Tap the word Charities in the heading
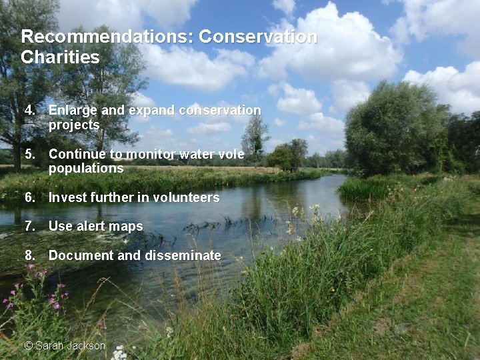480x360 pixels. [x=60, y=57]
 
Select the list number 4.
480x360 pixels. [x=31, y=110]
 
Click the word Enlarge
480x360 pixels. [x=73, y=110]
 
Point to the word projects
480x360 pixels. [x=74, y=125]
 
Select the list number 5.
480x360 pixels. [x=31, y=154]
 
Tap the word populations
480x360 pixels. [x=86, y=169]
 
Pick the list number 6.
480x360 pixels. [x=31, y=197]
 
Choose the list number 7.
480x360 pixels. [x=31, y=227]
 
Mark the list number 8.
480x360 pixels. [x=31, y=255]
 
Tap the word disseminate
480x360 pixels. [x=179, y=255]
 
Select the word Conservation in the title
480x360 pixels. [x=258, y=37]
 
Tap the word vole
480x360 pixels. [x=230, y=154]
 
